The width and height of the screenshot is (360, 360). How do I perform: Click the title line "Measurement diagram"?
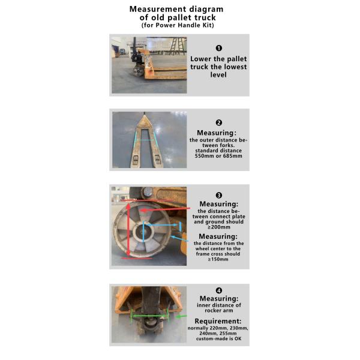point(176,9)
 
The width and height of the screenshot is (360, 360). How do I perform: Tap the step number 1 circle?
point(218,47)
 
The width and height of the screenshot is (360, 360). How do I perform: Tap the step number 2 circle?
point(218,122)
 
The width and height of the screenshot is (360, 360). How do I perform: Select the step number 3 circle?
point(218,195)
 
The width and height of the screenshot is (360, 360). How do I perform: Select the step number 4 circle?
point(218,290)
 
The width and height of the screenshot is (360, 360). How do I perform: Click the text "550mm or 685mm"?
point(219,156)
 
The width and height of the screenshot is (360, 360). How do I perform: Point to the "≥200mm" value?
point(218,228)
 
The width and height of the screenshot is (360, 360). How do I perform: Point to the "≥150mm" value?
point(218,260)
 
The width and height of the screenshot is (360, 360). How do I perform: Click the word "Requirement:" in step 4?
point(218,321)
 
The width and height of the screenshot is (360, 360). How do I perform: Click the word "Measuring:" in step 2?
point(218,132)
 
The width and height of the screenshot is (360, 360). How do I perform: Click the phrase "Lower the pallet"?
point(218,59)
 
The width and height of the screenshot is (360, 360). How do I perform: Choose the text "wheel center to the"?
point(218,248)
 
